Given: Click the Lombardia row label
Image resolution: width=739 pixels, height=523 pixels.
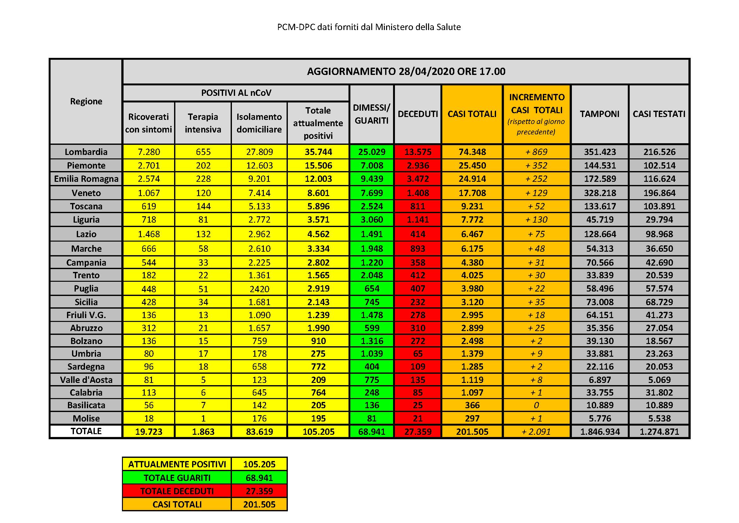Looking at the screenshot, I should (86, 152).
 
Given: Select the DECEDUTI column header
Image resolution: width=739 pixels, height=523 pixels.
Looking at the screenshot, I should (417, 114).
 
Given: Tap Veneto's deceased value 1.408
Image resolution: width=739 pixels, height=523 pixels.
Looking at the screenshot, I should (417, 193).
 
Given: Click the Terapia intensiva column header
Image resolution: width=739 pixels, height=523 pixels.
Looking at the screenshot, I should (203, 123).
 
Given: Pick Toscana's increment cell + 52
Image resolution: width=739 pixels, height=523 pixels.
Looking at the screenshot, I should (536, 206).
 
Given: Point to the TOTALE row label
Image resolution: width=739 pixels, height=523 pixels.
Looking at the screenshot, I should (86, 431).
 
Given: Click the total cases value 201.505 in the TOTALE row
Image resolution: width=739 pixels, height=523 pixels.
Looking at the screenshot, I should (472, 432).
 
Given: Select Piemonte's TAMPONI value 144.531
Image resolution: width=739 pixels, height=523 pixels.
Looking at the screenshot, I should (600, 165).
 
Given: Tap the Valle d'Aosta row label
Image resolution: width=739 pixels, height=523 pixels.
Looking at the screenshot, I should (86, 380).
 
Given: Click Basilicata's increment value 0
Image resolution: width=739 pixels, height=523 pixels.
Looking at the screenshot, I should (536, 405).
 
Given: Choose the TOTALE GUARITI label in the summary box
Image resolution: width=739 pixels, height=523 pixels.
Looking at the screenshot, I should (177, 477).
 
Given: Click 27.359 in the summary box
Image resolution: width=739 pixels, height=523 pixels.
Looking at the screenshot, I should (259, 491).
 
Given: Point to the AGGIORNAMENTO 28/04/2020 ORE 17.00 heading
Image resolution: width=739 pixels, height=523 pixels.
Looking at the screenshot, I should (406, 71).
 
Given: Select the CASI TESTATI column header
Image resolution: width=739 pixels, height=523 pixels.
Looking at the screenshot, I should (659, 114).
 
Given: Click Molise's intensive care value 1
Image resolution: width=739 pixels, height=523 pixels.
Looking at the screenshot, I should (203, 418).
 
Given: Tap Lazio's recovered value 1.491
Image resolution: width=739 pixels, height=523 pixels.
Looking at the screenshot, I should (372, 234).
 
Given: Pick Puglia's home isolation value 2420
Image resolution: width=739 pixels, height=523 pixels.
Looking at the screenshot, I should (259, 289).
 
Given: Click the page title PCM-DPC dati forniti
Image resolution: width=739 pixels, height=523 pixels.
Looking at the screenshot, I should (369, 27).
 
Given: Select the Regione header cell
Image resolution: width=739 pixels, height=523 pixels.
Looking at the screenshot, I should (86, 101).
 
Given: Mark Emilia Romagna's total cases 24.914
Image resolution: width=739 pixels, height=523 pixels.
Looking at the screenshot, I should (472, 179).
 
